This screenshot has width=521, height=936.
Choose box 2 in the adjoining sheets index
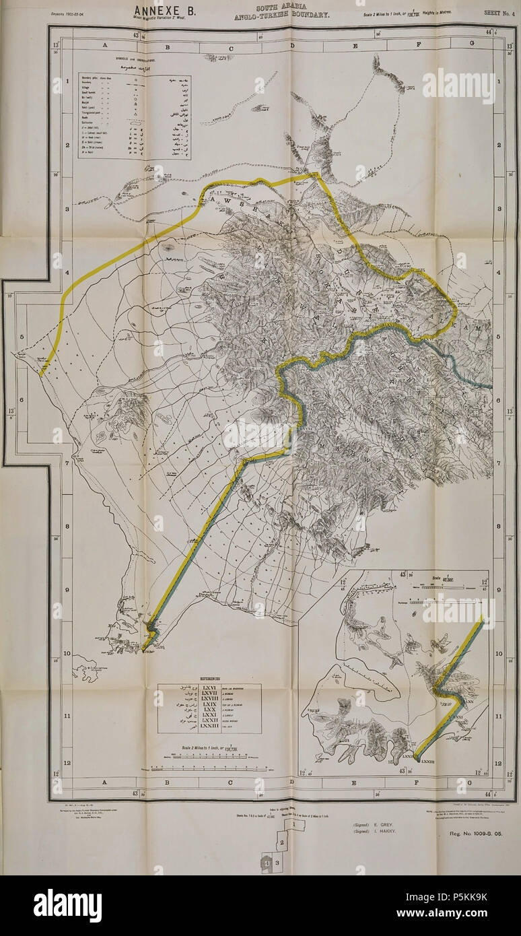click(282, 842)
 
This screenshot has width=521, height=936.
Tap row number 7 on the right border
click(510, 463)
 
